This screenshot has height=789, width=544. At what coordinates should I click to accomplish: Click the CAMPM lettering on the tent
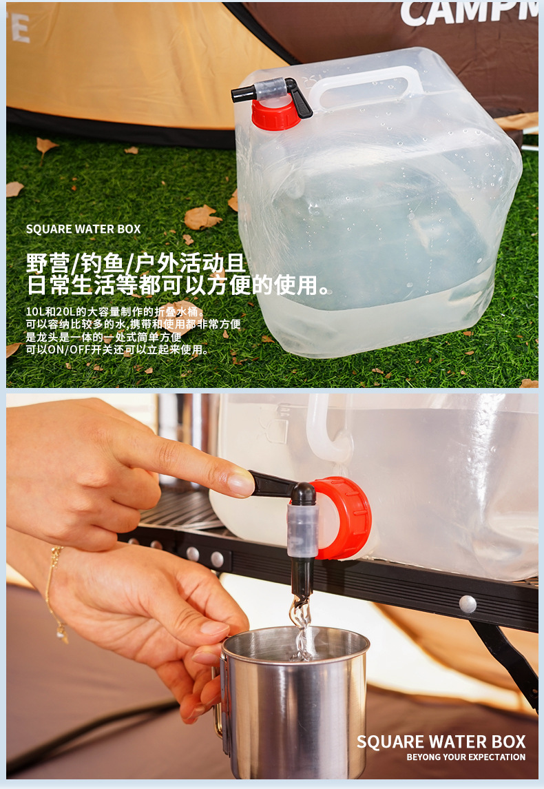(468, 13)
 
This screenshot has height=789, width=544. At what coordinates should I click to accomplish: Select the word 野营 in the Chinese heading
(48, 263)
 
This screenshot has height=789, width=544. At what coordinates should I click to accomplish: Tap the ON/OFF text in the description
(65, 350)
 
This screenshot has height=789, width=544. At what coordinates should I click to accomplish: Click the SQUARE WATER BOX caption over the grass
(83, 229)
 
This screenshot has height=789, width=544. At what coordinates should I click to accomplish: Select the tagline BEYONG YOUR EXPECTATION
(465, 757)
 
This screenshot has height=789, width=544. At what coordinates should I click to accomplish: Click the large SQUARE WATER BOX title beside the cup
(441, 741)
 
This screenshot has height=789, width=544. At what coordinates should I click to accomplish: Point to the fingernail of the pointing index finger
(241, 484)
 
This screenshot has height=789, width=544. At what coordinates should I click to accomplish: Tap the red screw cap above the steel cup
(347, 517)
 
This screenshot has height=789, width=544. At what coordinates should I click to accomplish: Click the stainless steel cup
(296, 703)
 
